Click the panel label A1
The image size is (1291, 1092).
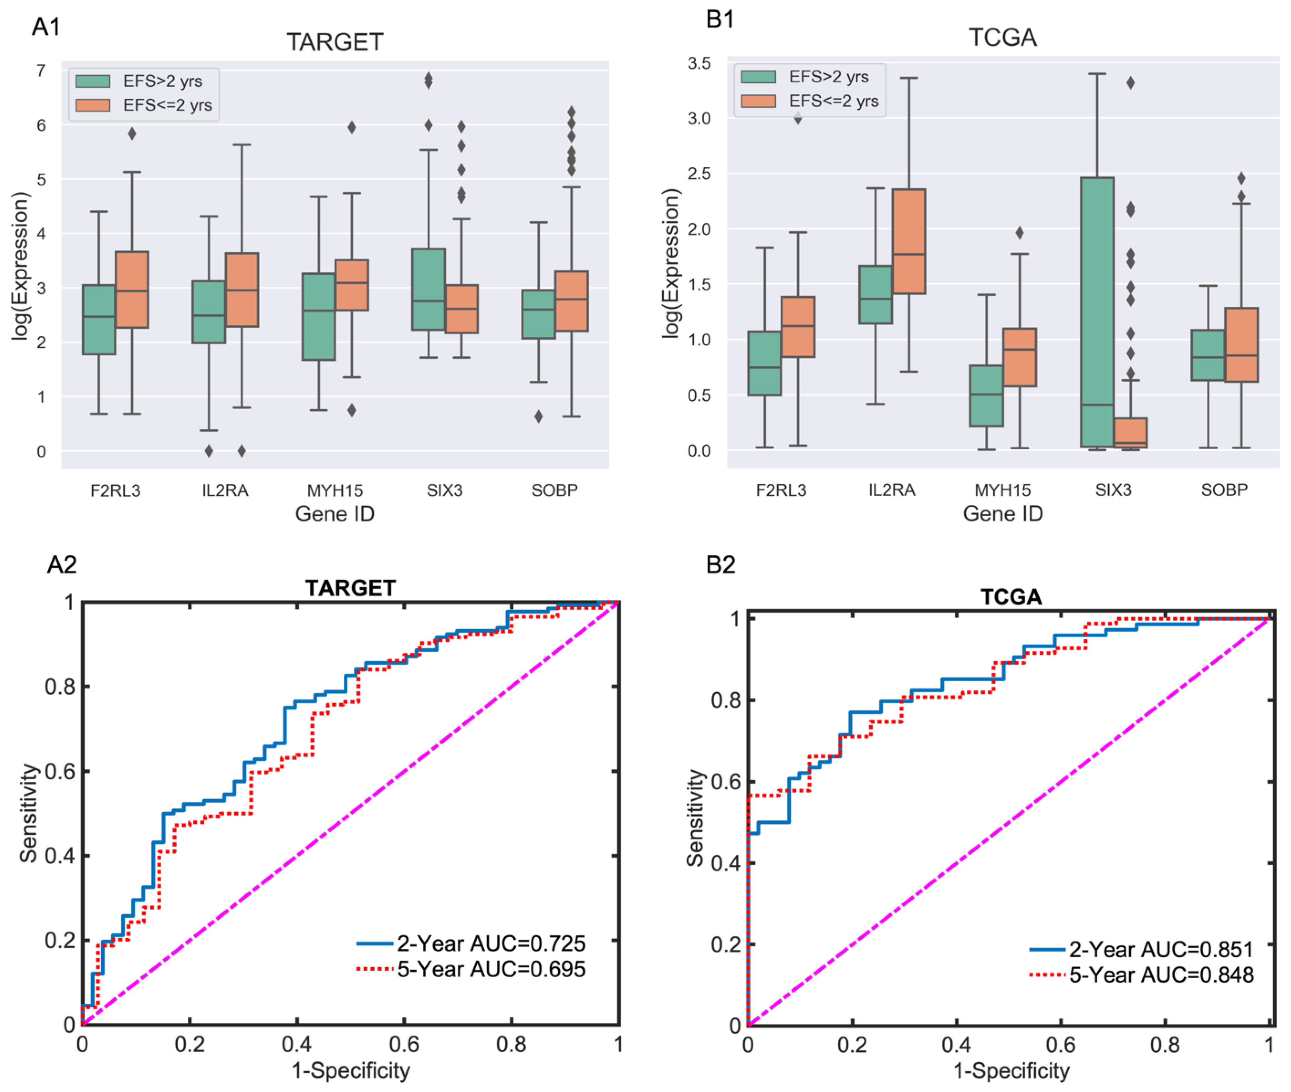[47, 27]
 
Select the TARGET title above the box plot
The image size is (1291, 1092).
[335, 42]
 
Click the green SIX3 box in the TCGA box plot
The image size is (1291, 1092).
[1097, 309]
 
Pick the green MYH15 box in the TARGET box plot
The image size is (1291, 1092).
[318, 316]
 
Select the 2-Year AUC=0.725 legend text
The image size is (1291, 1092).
[491, 943]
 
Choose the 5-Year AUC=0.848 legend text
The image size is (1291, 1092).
[1161, 975]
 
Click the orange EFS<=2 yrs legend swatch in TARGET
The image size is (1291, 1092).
[93, 105]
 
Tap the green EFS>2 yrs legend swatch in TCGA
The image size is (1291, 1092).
[759, 77]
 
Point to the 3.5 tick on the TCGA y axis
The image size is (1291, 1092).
[699, 63]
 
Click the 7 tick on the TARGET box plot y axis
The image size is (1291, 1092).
[41, 71]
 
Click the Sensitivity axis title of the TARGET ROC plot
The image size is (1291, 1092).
[28, 813]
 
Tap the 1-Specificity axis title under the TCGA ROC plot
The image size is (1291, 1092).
[1011, 1071]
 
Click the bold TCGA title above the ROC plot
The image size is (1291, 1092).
[1011, 597]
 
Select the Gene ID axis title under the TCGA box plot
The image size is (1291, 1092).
[1003, 514]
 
